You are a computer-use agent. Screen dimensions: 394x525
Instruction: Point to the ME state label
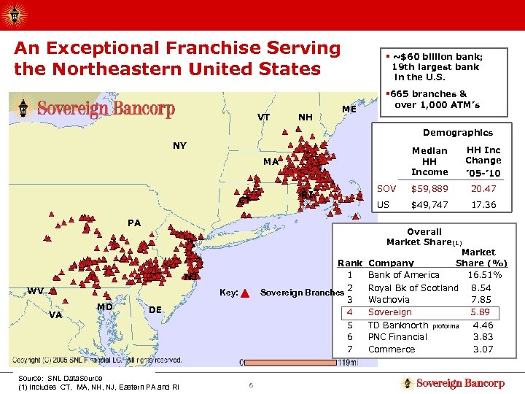(349, 109)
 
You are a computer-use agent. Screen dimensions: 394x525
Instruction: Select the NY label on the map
(179, 145)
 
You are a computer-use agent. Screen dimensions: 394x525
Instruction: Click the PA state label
(134, 223)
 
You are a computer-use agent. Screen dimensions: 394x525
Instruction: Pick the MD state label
(104, 306)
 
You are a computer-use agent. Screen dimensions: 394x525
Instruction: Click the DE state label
(155, 309)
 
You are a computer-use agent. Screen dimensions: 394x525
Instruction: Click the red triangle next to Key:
(245, 293)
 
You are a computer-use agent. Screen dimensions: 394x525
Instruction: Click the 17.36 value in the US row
(483, 205)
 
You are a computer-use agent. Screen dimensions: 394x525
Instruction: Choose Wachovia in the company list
(390, 299)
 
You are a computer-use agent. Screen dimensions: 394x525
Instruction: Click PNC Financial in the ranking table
(397, 337)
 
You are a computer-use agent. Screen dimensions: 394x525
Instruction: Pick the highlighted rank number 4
(350, 312)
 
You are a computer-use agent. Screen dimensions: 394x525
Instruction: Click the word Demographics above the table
(458, 133)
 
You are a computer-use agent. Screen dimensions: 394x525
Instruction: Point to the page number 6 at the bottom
(249, 385)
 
